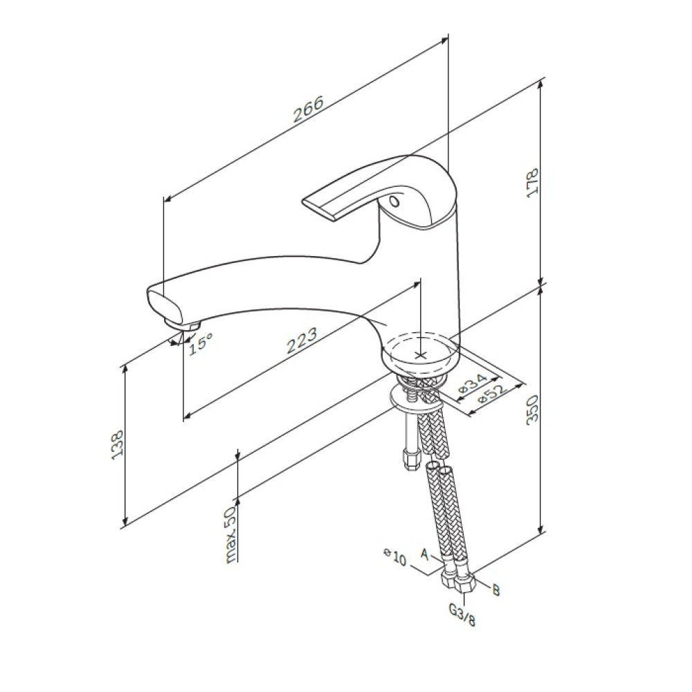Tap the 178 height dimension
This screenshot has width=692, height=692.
[x=533, y=183]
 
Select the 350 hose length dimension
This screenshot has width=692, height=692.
[x=533, y=410]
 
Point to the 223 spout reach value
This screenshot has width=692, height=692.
[x=302, y=340]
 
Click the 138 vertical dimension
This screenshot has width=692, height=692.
[x=118, y=445]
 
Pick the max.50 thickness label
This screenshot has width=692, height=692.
[x=231, y=534]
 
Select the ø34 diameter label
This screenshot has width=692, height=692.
[x=473, y=383]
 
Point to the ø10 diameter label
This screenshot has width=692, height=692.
[x=395, y=557]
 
